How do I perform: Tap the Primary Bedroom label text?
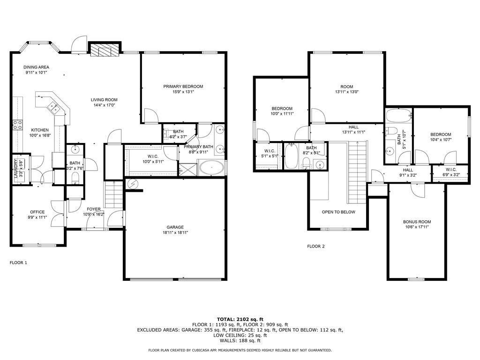tap(183, 86)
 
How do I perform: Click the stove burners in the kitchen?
tap(17, 124)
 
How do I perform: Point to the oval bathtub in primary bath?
tap(211, 167)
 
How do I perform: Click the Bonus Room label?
tap(417, 222)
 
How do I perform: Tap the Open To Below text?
tap(338, 212)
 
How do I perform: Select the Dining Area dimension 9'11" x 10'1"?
tap(36, 73)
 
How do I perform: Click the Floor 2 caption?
tap(315, 246)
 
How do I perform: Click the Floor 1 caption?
tap(18, 262)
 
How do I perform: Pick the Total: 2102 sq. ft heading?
tap(240, 319)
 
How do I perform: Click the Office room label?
tap(37, 212)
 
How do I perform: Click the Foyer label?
tap(94, 209)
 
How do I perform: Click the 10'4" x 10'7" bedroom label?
tap(441, 135)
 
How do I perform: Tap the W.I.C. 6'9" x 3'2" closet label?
tap(451, 170)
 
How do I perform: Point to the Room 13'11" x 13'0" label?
tap(347, 87)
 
